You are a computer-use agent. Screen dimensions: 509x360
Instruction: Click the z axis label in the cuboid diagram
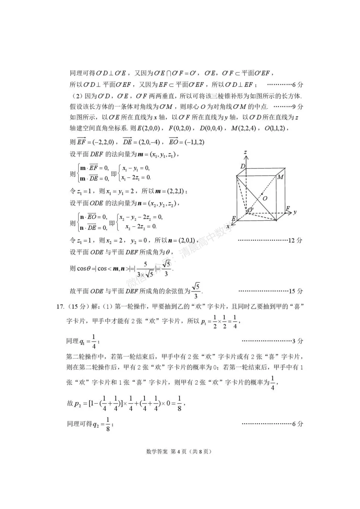[246, 153]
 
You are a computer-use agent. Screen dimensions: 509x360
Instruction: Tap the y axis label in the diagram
[295, 212]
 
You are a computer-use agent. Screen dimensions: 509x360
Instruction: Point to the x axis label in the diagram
[228, 227]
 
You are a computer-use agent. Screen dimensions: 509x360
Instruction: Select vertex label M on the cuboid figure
[280, 177]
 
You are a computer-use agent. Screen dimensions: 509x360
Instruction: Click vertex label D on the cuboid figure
[243, 166]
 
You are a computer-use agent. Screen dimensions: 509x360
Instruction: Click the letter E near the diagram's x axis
[234, 219]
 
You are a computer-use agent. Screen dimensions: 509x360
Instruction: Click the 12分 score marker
[295, 240]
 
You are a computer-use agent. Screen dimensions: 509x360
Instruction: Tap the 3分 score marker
[298, 341]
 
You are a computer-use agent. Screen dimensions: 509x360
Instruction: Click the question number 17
[60, 306]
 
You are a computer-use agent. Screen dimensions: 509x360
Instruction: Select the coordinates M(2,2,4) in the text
[244, 128]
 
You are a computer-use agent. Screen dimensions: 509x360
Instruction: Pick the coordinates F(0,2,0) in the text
[180, 128]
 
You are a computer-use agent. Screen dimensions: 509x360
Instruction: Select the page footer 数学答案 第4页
[179, 452]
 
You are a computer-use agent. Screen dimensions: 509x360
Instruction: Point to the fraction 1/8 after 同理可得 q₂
[108, 424]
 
